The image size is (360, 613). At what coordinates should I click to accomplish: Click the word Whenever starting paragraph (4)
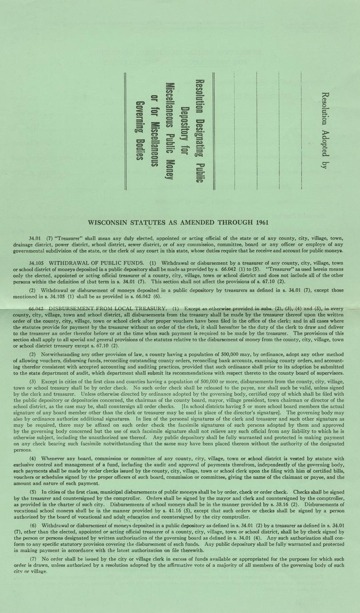click(53, 458)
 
